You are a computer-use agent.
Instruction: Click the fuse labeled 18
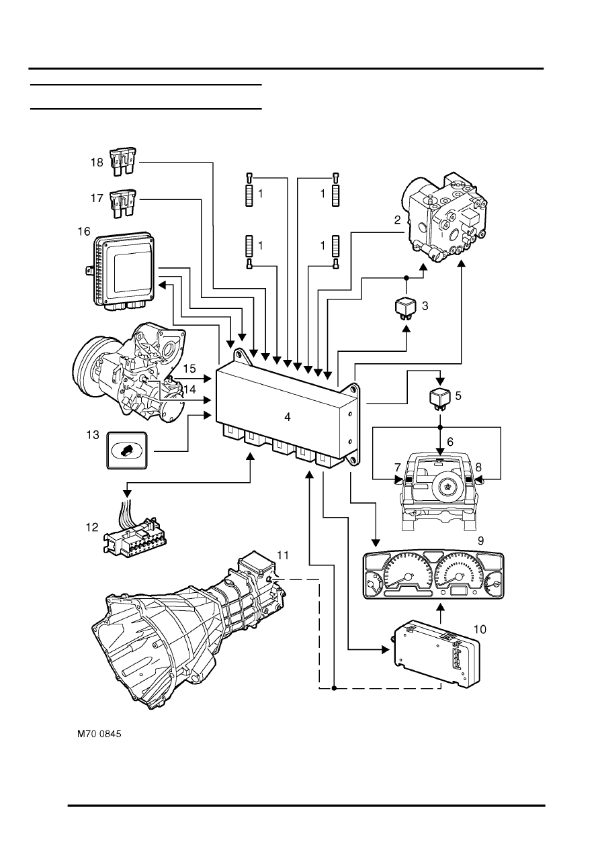pyautogui.click(x=122, y=162)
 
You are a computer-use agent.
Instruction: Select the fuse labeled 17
pyautogui.click(x=122, y=204)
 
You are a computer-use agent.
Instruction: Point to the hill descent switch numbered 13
pyautogui.click(x=127, y=451)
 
